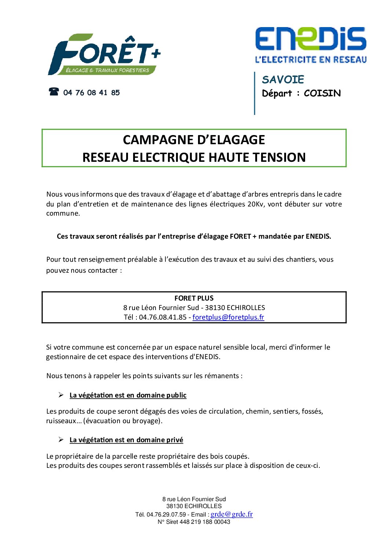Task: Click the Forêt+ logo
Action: (x=104, y=55)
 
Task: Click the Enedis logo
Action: (x=311, y=45)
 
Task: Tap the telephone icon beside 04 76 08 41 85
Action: (x=54, y=92)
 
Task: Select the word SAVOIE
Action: (x=283, y=79)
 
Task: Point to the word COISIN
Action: (x=322, y=93)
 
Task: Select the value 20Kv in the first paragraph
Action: (x=256, y=204)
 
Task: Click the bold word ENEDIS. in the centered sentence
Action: (x=318, y=236)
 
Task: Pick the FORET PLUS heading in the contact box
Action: (x=194, y=298)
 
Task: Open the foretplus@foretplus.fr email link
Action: (x=228, y=317)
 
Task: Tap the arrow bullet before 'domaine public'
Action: (x=61, y=395)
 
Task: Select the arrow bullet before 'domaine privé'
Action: (x=61, y=440)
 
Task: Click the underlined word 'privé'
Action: (x=175, y=440)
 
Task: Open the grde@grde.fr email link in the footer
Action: (x=231, y=514)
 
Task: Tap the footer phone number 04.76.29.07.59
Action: (x=166, y=515)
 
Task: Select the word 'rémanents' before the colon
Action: (x=222, y=376)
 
